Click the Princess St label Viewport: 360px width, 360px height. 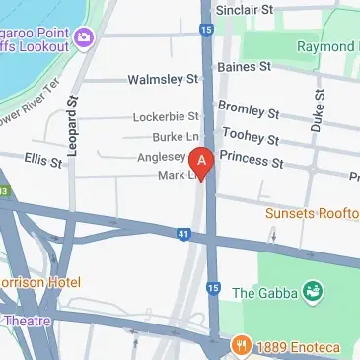(252, 159)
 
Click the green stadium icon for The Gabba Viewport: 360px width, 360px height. (314, 291)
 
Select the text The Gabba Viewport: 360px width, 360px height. (266, 292)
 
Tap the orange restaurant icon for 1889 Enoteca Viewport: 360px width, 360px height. (241, 346)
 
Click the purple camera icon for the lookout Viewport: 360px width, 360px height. (82, 36)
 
